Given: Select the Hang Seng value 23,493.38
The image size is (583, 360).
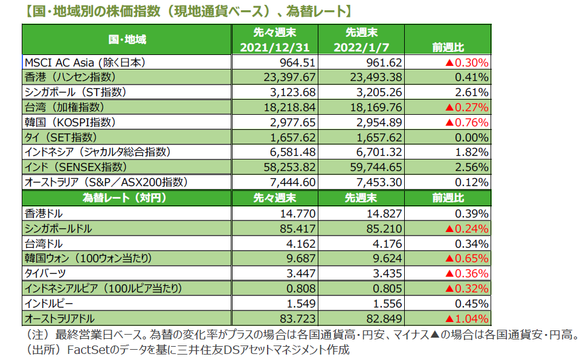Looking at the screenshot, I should coord(376,77).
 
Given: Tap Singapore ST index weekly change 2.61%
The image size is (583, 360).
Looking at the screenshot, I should coord(472,92).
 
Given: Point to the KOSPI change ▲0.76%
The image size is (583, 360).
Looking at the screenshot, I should coord(466,122).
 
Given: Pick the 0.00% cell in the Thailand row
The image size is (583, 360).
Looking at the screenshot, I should coord(472,137).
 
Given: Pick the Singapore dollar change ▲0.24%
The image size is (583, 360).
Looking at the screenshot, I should coord(466,228).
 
